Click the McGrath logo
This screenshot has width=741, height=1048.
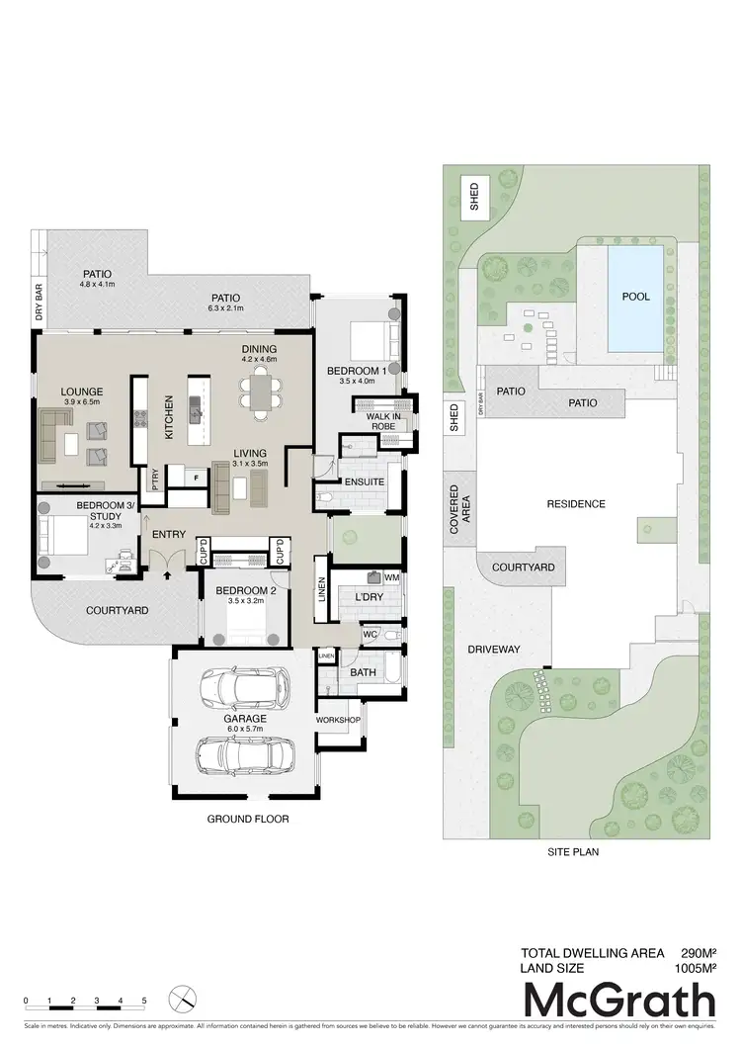[x=618, y=1001]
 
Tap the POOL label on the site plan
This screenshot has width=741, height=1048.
[x=634, y=296]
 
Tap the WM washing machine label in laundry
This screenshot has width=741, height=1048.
[x=391, y=575]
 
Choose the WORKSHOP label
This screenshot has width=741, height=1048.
[x=338, y=719]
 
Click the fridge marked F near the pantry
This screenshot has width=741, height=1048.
[x=197, y=477]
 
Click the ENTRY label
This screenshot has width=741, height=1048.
[x=169, y=535]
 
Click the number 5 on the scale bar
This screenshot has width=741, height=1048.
[x=144, y=1001]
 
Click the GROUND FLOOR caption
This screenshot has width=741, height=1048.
[x=247, y=820]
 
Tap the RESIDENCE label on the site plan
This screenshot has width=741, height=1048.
[x=577, y=503]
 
